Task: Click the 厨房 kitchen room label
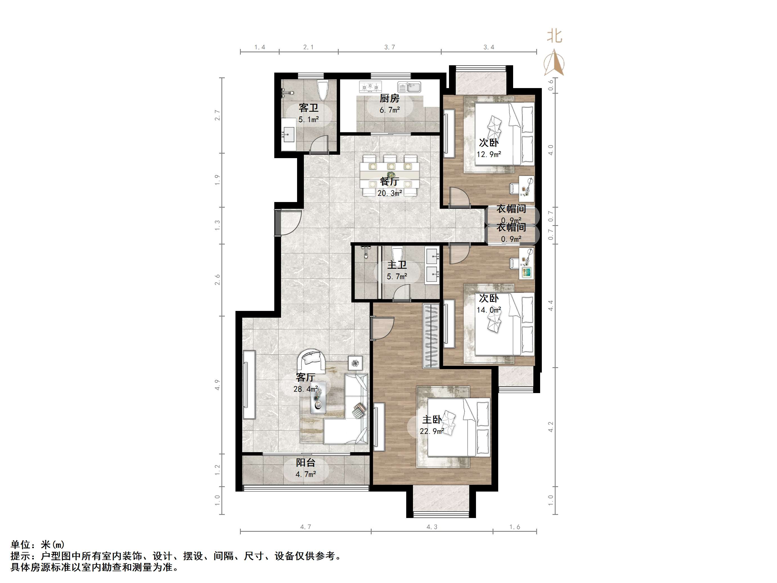[389, 98]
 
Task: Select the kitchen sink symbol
[409, 86]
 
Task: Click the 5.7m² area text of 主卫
[397, 277]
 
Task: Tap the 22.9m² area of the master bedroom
[432, 431]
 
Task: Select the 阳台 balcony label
[305, 463]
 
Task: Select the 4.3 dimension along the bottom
[432, 527]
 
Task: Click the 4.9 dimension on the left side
[217, 385]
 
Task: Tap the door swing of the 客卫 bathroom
[319, 145]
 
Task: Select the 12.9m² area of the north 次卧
[489, 154]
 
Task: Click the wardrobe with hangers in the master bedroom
[431, 336]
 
